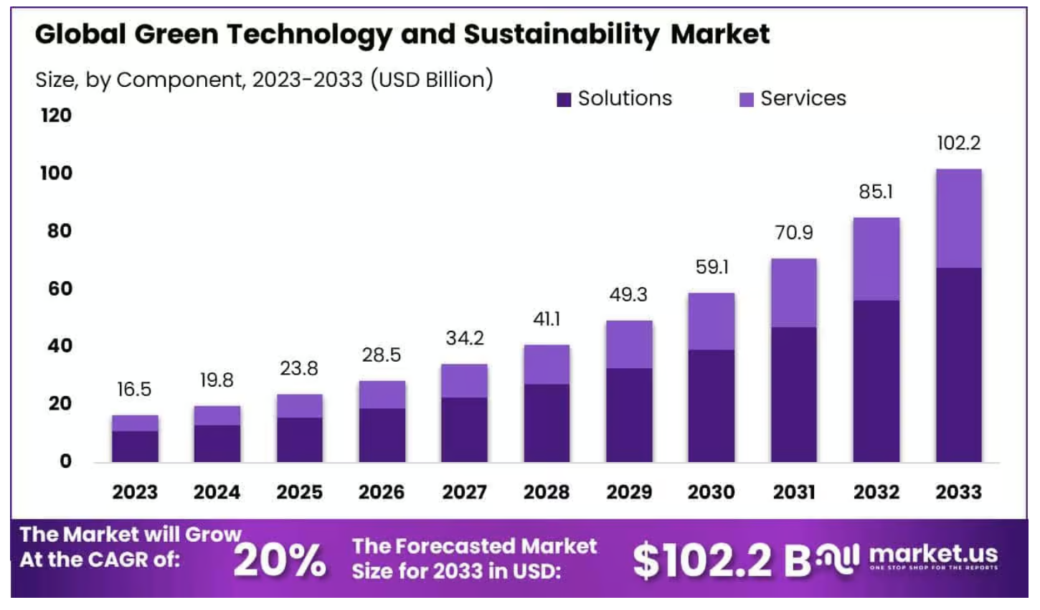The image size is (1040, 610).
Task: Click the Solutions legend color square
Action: tap(564, 100)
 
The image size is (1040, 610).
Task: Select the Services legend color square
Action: tap(746, 100)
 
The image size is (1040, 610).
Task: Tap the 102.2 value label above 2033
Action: tap(958, 143)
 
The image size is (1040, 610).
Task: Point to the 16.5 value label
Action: tap(134, 389)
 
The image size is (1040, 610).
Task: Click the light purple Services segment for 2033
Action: tap(958, 218)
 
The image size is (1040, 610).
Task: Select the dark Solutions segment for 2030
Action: tap(711, 405)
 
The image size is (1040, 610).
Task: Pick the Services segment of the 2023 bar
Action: tap(135, 423)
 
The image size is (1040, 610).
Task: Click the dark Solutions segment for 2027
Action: tap(464, 429)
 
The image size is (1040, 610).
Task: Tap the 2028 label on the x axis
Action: tap(547, 492)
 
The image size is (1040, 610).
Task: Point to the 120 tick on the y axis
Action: tap(56, 116)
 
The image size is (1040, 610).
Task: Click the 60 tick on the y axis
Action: tap(60, 288)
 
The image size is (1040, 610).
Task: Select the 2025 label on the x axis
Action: tap(300, 492)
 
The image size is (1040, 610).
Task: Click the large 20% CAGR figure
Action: tap(280, 560)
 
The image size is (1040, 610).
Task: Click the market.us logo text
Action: tap(933, 554)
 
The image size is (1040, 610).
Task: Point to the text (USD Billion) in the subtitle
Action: tap(432, 79)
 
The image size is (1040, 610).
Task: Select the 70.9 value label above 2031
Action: tap(793, 233)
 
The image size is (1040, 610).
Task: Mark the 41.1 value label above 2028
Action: tap(547, 319)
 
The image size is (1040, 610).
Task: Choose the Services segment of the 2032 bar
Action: tap(876, 258)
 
